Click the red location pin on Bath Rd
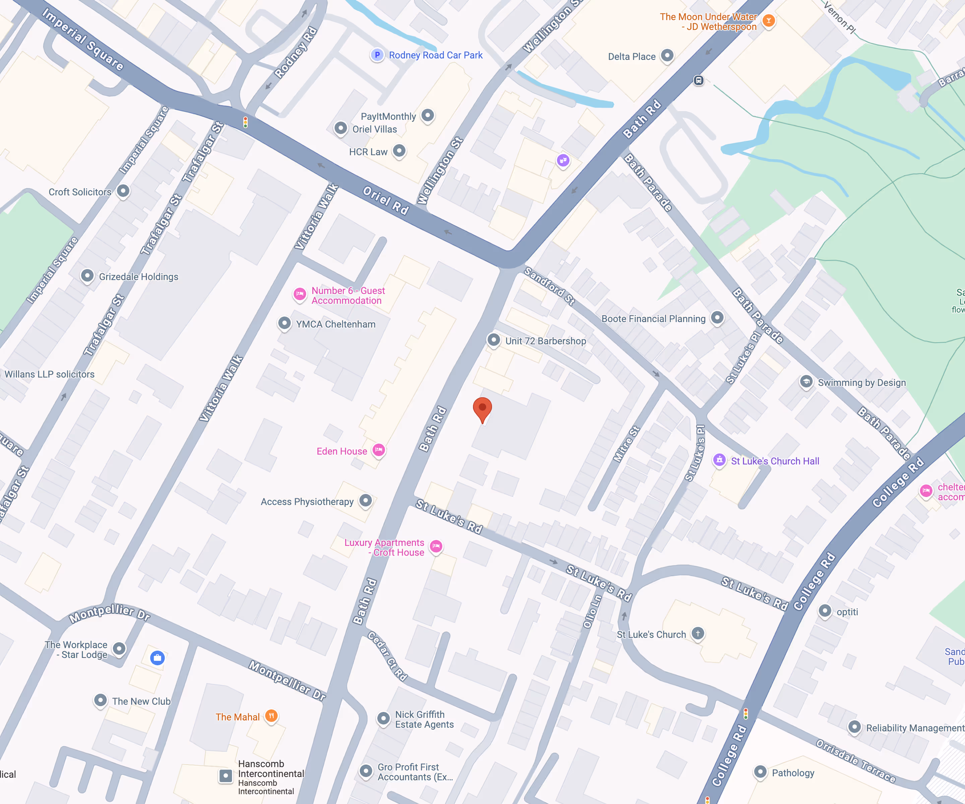pyautogui.click(x=482, y=408)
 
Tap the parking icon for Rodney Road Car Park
pyautogui.click(x=377, y=55)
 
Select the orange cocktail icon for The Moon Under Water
pyautogui.click(x=768, y=21)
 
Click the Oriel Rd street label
pyautogui.click(x=386, y=201)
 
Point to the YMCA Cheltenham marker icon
pyautogui.click(x=284, y=323)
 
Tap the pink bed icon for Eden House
pyautogui.click(x=378, y=450)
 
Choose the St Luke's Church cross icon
pyautogui.click(x=698, y=633)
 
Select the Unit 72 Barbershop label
pyautogui.click(x=545, y=341)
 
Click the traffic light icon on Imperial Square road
pyautogui.click(x=245, y=122)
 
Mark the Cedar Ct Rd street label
pyautogui.click(x=387, y=656)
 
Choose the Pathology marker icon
pyautogui.click(x=760, y=772)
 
